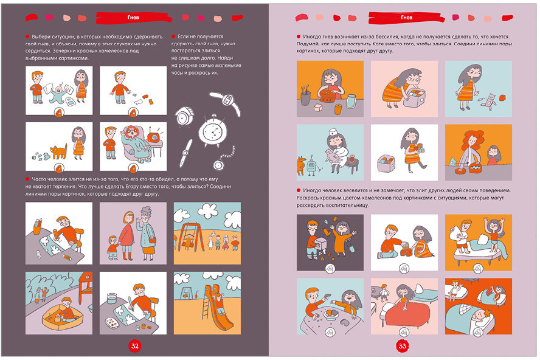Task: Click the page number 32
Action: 134,346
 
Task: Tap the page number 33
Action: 402,346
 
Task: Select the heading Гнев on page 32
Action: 133,17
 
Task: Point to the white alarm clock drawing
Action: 212,131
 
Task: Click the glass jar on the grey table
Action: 352,102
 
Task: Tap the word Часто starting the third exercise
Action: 39,179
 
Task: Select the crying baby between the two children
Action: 57,94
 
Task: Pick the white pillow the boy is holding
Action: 454,229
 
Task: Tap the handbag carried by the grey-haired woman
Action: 152,240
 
